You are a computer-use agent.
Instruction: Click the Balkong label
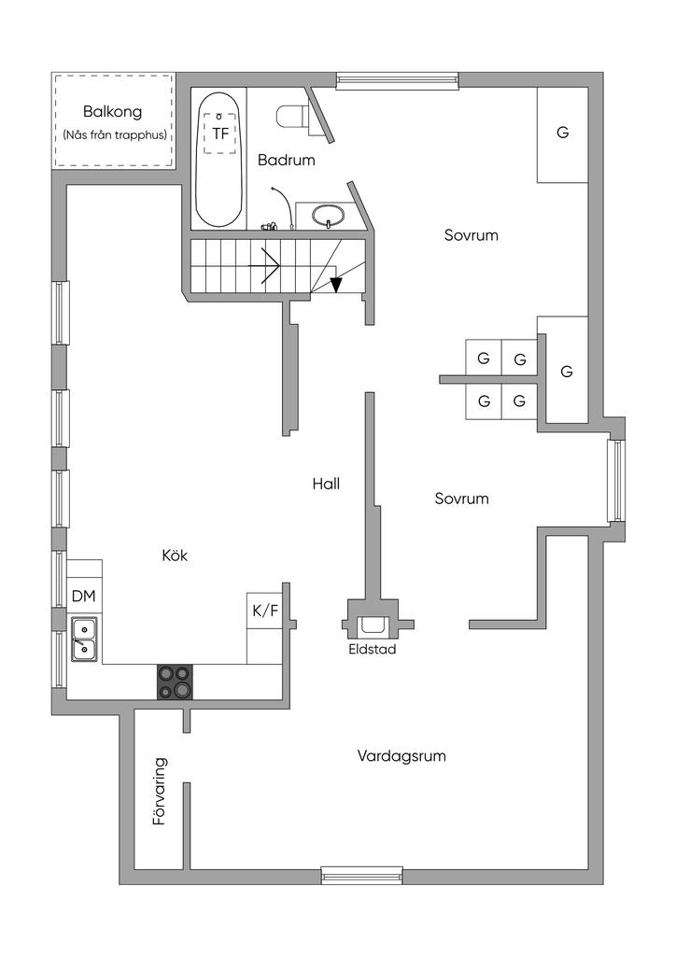pos(112,112)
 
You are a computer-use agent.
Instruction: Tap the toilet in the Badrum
pos(292,117)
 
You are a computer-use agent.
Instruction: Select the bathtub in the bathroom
pos(218,161)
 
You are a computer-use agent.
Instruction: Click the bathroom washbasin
pos(328,216)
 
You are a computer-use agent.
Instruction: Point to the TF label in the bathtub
pos(220,133)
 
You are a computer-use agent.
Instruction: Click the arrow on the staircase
pos(264,266)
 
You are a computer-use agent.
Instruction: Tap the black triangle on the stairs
pos(336,285)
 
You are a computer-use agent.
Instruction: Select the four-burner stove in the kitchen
pos(176,682)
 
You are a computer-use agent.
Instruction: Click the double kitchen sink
pos(84,639)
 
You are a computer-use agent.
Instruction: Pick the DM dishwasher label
pos(83,596)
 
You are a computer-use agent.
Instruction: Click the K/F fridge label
pos(265,610)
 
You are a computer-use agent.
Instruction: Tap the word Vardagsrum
pos(401,756)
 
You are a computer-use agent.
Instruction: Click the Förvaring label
pos(160,792)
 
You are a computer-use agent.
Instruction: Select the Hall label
pos(326,484)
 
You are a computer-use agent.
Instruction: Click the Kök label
pos(175,555)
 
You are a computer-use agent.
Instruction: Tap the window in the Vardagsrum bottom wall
pos(362,876)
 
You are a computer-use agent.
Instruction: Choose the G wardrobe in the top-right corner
pos(562,134)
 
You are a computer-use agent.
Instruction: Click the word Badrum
pos(287,161)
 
